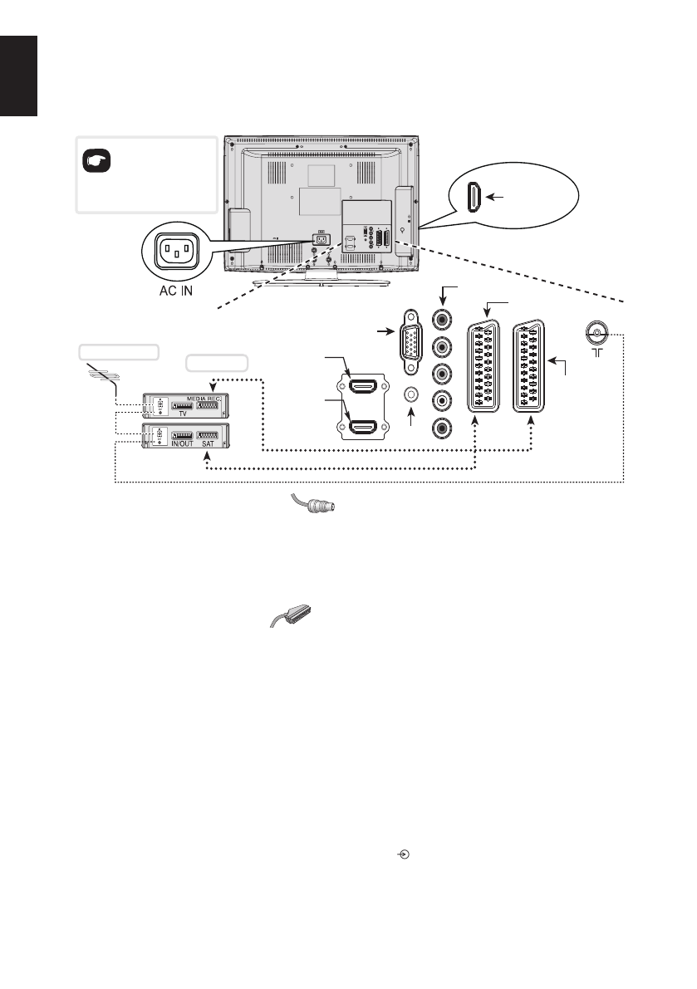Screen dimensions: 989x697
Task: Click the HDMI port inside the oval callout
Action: [x=471, y=198]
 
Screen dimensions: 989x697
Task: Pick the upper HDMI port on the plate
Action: [x=363, y=385]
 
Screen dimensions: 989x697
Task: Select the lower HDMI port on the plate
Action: [x=363, y=428]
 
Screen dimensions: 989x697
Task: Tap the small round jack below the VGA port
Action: [x=410, y=396]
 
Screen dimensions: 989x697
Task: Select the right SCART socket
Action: [x=532, y=366]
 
